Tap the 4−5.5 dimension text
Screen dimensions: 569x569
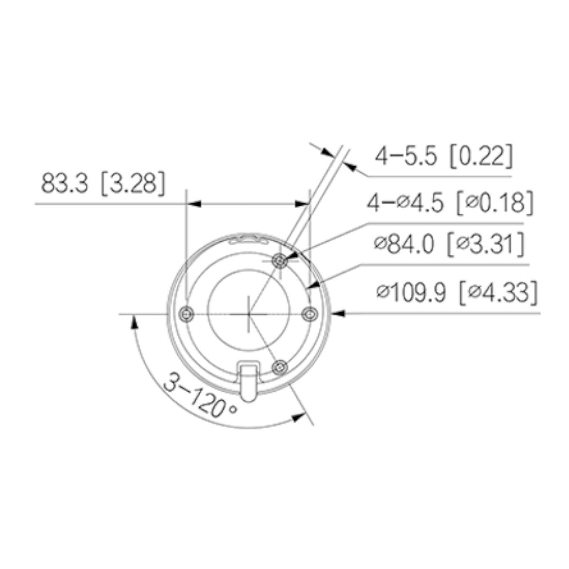[406, 156]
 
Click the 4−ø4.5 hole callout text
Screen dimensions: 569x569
[405, 203]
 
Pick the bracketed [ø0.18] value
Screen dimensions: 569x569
[493, 203]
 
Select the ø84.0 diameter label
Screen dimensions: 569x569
[404, 245]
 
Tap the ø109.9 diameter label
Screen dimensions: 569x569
[411, 293]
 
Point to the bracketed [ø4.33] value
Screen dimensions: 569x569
[499, 293]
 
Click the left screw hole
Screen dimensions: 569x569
[187, 313]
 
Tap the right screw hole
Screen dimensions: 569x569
[310, 313]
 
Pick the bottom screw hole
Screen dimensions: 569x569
[281, 367]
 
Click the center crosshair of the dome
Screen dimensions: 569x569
[248, 313]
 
